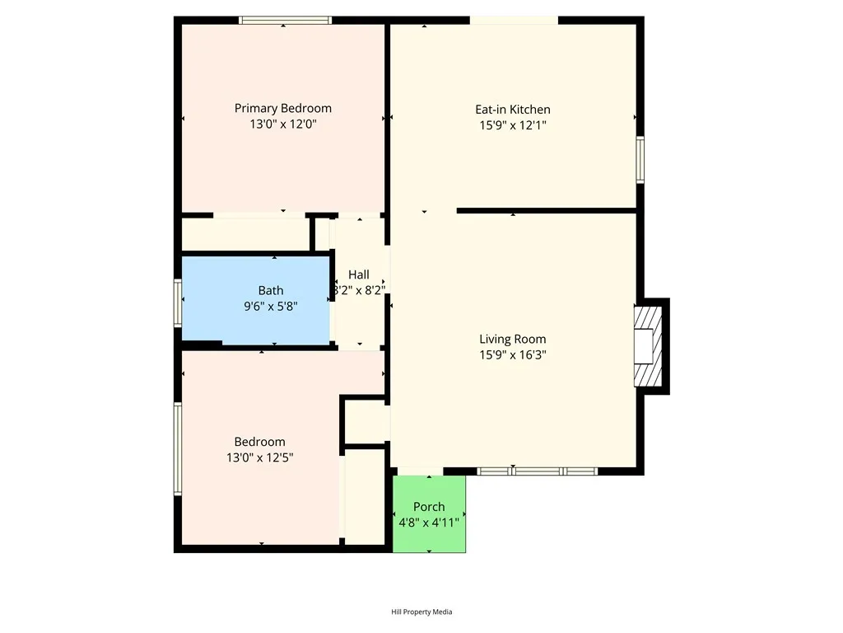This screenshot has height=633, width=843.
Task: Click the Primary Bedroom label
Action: [282, 109]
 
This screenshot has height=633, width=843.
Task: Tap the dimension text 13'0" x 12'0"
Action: [282, 124]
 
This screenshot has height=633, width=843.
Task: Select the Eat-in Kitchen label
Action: [512, 110]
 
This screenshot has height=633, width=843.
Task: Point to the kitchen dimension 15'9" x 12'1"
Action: [512, 125]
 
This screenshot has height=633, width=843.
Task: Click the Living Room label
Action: [512, 339]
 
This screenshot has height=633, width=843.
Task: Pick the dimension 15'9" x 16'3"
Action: [512, 355]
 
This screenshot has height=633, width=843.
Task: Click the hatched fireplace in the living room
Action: [647, 346]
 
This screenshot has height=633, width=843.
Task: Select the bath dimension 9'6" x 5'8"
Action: [270, 306]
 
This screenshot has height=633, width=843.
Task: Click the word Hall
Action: [358, 274]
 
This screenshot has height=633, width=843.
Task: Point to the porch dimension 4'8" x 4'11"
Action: [429, 523]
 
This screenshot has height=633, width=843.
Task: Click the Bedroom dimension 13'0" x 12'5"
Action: [259, 457]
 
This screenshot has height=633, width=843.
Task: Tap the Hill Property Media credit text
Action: [421, 612]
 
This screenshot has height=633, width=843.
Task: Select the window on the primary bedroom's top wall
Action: [285, 20]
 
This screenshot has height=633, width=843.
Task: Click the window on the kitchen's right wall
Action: [640, 159]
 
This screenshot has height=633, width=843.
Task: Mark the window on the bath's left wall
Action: [177, 302]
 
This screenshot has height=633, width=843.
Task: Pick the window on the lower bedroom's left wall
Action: [177, 449]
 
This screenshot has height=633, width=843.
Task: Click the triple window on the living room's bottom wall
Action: [537, 471]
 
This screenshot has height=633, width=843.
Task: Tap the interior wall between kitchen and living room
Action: [547, 211]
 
